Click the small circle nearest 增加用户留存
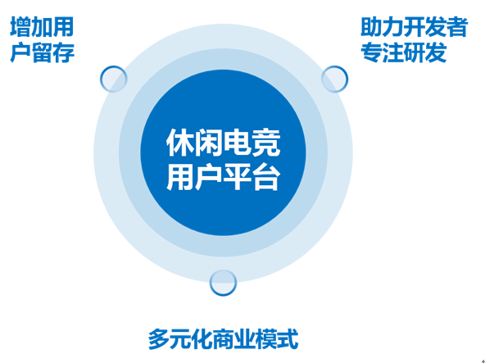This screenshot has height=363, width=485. click(x=114, y=79)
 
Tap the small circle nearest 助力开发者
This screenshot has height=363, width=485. click(x=335, y=79)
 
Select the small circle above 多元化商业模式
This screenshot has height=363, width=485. click(x=223, y=283)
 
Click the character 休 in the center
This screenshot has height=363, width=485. click(x=180, y=143)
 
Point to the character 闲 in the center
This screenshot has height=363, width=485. click(x=209, y=143)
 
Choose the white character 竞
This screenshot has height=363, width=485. click(x=266, y=143)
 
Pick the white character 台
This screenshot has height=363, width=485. click(x=266, y=176)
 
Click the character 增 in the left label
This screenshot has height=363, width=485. click(x=20, y=27)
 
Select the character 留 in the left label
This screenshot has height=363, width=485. click(x=42, y=52)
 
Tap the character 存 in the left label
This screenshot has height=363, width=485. click(x=63, y=52)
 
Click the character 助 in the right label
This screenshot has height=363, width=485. click(x=371, y=27)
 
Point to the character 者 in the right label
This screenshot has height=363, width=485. click(x=456, y=27)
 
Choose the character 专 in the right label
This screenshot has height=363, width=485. click(x=371, y=52)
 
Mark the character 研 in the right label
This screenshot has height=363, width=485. click(x=414, y=52)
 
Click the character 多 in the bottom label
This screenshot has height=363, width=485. click(x=159, y=339)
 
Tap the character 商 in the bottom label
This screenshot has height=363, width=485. click(x=223, y=339)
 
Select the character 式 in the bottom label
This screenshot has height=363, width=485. click(x=288, y=339)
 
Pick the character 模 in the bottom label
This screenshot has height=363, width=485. click(x=266, y=339)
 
